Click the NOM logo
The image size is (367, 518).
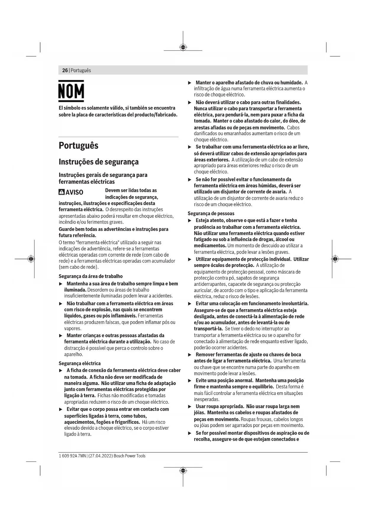[71, 91]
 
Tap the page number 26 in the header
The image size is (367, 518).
[65, 70]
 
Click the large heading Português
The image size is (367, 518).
[78, 146]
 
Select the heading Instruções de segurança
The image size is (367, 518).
[98, 162]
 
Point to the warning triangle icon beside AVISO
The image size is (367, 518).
[62, 192]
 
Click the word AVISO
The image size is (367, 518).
[74, 192]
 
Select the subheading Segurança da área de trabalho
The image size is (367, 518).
[90, 276]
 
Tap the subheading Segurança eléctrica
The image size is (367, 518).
[80, 363]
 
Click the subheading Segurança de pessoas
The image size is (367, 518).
[211, 214]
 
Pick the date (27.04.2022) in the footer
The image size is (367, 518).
[100, 456]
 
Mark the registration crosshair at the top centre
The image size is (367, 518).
[183, 47]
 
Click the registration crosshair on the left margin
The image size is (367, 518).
[31, 259]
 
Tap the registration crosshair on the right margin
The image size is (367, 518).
[335, 259]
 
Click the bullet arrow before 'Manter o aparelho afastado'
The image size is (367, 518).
[190, 83]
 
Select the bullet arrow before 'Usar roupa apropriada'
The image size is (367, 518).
[190, 407]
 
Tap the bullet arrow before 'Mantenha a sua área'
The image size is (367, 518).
[61, 284]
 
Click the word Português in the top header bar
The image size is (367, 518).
[81, 70]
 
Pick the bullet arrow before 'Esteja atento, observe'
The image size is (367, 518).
[190, 221]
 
